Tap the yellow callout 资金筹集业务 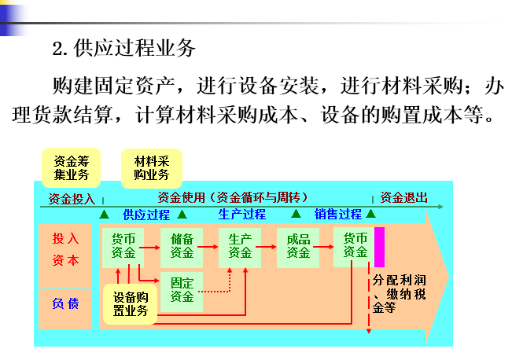tap(71, 167)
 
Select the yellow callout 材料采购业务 tap(152, 167)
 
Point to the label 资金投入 tap(71, 198)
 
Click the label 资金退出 tap(403, 197)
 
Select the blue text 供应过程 tap(145, 214)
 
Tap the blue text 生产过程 tap(241, 214)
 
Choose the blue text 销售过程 tap(338, 214)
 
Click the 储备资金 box tap(182, 245)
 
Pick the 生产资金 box tap(240, 245)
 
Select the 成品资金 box tap(298, 245)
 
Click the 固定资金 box tap(182, 289)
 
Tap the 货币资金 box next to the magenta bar tap(355, 245)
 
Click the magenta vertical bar tap(379, 246)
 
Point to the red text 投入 tap(65, 238)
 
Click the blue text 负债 tap(65, 303)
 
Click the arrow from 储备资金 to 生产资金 tap(211, 246)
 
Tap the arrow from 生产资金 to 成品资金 tap(269, 246)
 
